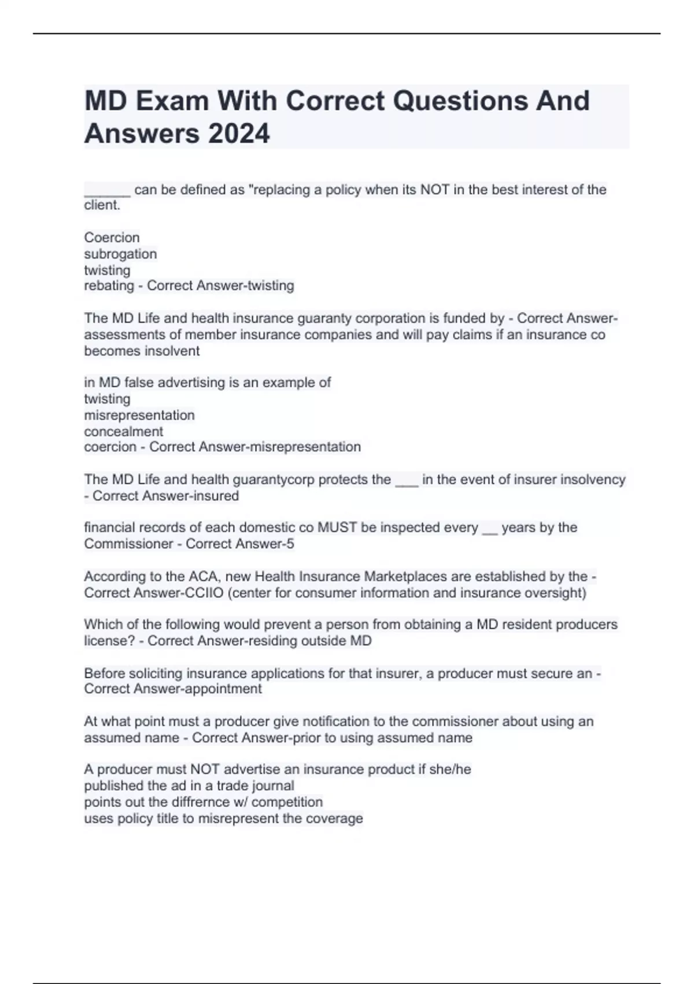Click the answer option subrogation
pos(120,254)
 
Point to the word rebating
pos(109,286)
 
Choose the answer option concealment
pos(123,432)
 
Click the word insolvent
pos(172,351)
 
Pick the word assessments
pos(122,335)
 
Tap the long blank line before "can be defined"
pos(107,190)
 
